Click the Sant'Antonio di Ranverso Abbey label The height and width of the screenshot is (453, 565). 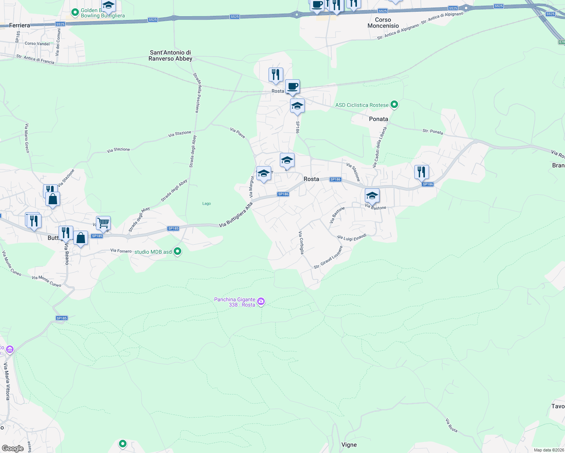170,55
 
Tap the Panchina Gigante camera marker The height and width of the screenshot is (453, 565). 261,301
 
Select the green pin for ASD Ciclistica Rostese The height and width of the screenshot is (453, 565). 394,105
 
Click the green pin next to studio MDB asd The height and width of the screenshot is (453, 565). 178,251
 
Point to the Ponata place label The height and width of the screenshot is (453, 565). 378,119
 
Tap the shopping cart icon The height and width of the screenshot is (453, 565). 103,223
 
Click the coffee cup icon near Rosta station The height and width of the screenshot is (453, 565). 292,86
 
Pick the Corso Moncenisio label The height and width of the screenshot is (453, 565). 383,23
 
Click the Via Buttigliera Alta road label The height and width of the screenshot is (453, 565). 236,215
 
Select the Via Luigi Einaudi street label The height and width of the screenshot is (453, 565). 352,237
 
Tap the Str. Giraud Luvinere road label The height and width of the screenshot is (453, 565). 328,258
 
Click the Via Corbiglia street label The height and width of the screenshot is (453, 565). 301,243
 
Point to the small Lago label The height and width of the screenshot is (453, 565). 207,203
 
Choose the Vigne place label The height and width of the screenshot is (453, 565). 349,445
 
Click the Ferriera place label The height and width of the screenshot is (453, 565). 19,25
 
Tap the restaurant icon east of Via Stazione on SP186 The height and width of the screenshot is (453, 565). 421,172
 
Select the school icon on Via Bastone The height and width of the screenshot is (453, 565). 372,196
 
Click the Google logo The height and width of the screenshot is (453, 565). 12,448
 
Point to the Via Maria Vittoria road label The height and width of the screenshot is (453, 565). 7,381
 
